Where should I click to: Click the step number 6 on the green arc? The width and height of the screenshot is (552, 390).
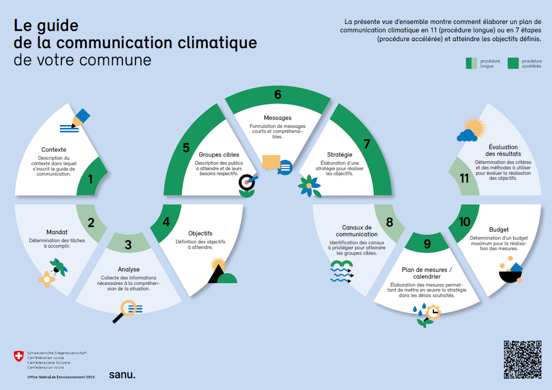click(278, 95)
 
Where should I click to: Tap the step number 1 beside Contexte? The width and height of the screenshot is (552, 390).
click(91, 179)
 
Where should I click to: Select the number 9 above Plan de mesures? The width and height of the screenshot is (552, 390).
click(427, 244)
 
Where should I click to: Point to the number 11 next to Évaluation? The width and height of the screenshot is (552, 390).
click(464, 178)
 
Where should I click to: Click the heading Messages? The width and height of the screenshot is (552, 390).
click(278, 118)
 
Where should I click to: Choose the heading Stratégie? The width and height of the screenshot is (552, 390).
click(340, 154)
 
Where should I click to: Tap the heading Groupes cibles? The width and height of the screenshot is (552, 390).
click(219, 154)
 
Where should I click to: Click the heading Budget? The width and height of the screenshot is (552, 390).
click(499, 229)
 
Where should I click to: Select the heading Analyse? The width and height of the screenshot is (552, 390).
click(128, 269)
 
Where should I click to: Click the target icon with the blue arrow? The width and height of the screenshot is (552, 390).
click(247, 182)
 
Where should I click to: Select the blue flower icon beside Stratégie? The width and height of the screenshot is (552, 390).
click(309, 186)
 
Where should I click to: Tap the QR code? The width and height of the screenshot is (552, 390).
click(522, 359)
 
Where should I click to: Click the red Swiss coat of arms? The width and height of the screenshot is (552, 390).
click(19, 357)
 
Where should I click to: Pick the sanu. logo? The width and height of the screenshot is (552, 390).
click(122, 374)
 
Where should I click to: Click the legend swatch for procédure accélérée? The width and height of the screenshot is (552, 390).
click(513, 64)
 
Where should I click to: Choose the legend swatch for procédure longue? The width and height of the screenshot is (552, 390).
click(472, 64)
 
